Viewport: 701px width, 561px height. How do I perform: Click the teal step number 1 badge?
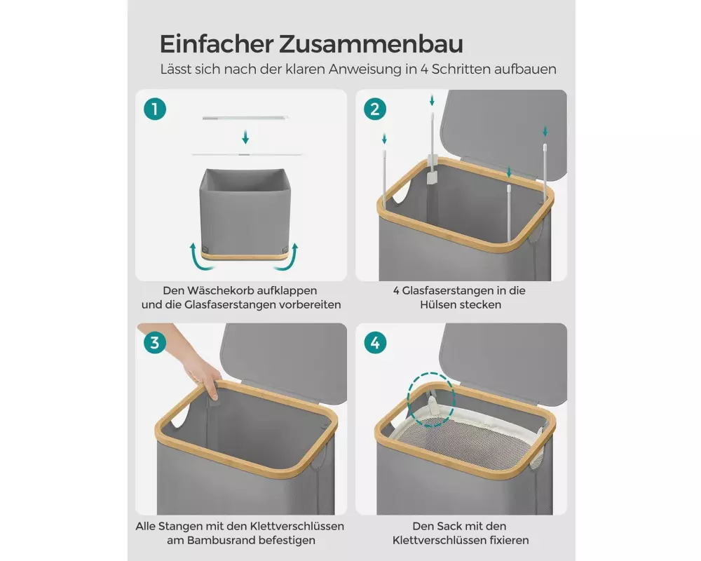click(x=155, y=109)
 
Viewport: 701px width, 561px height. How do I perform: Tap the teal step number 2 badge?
click(x=374, y=109)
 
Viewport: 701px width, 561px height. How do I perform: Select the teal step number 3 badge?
click(x=155, y=343)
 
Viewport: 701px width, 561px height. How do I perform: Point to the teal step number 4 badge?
click(x=374, y=343)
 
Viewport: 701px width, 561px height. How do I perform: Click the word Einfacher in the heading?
click(x=217, y=44)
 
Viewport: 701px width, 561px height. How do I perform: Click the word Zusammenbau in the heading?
click(x=371, y=44)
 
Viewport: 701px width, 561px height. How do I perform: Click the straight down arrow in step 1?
click(x=245, y=137)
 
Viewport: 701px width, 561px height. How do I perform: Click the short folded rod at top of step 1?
click(x=245, y=118)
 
